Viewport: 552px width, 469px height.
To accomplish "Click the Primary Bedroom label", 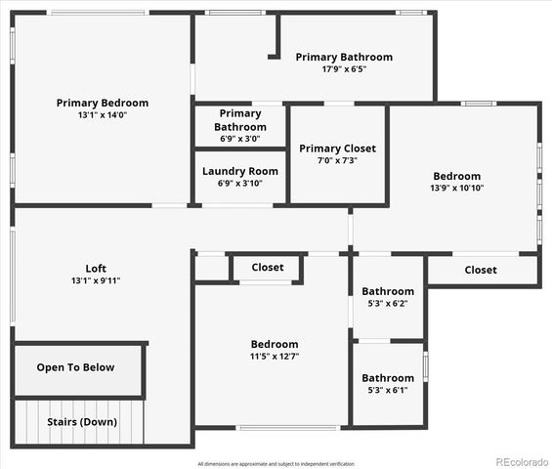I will [x=103, y=103].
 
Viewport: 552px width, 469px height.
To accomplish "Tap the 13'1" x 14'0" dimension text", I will [x=103, y=115].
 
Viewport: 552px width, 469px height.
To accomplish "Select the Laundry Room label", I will [x=240, y=171].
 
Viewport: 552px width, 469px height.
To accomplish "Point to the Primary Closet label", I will [x=337, y=149].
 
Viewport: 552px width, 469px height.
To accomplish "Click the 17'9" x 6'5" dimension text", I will [x=344, y=69].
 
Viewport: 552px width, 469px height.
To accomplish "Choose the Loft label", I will [x=96, y=269].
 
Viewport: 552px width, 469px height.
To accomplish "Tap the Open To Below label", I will [x=75, y=367].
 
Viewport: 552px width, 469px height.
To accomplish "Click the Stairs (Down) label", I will [x=83, y=422].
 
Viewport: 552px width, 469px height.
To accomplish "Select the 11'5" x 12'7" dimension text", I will [x=275, y=357].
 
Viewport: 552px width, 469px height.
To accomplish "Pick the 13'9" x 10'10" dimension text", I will [x=457, y=188].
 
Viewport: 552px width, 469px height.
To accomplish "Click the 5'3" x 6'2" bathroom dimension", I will [x=388, y=304].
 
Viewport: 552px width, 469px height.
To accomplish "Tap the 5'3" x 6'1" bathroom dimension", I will [x=388, y=390].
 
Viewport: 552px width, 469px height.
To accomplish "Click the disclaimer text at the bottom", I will [x=276, y=463].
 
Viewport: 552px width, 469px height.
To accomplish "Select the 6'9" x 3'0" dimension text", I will [x=240, y=139].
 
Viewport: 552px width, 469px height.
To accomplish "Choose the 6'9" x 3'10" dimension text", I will [x=240, y=183].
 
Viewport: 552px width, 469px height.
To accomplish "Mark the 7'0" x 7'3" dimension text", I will [x=337, y=160].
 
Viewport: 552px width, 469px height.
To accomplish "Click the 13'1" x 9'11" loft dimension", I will [x=96, y=281].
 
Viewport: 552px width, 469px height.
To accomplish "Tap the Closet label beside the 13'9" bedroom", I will [x=480, y=270].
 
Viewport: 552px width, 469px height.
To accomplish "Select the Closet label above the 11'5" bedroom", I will [x=268, y=267].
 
